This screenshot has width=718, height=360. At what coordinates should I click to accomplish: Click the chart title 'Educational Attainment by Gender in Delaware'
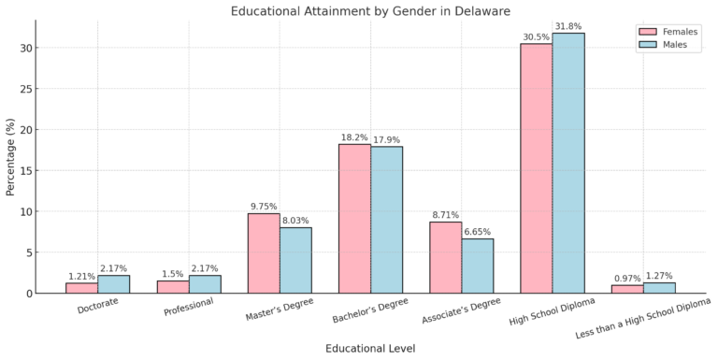click(370, 11)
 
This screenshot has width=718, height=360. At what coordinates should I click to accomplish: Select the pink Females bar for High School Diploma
click(537, 168)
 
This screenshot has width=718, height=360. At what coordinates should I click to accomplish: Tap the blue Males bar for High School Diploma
click(568, 164)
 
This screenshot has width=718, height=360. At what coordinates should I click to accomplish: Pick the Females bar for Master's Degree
click(264, 253)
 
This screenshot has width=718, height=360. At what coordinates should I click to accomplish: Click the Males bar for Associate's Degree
click(477, 266)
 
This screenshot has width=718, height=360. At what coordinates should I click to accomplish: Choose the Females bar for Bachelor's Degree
click(354, 219)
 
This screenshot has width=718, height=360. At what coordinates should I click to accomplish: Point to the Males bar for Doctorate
click(113, 284)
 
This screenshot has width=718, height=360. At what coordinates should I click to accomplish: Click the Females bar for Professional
click(173, 287)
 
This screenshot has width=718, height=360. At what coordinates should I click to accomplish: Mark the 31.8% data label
click(568, 25)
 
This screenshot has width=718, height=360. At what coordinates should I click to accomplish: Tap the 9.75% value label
click(264, 206)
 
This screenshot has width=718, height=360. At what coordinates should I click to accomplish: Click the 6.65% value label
click(477, 231)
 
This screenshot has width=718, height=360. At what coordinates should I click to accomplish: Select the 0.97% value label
click(627, 278)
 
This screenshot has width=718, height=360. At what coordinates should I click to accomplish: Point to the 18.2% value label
click(354, 137)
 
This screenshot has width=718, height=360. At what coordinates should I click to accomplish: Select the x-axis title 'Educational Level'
click(370, 348)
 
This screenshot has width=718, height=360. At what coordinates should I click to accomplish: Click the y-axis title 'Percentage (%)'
click(10, 156)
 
